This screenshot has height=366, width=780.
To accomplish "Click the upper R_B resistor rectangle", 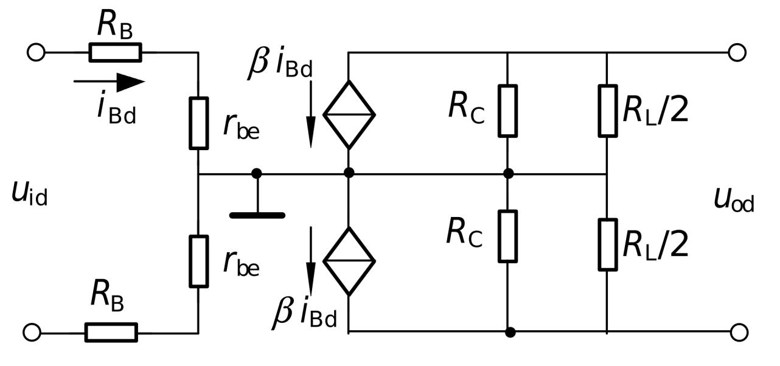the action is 115,52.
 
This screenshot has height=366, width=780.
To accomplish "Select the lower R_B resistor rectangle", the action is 111,333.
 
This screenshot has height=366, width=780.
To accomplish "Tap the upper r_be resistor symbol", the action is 199,123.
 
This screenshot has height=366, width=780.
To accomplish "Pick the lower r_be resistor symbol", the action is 199,261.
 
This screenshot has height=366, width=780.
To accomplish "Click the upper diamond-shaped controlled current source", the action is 349,114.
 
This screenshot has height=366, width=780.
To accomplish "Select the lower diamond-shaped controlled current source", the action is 349,261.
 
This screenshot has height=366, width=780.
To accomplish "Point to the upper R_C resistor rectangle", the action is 507,111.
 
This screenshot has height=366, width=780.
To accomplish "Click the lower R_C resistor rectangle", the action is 507,237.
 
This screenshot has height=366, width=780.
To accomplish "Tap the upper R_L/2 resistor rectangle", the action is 608,111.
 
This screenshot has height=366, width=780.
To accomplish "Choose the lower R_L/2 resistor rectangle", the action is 608,244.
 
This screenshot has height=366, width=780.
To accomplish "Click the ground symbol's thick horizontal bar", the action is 257,215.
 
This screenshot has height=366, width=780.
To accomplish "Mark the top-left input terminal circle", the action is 36,52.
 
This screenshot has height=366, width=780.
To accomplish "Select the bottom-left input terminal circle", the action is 32,333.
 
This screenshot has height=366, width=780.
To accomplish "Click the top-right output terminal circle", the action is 737,52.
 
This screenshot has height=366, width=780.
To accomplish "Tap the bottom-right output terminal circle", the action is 739,333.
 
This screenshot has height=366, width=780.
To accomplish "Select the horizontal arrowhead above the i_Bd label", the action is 131,83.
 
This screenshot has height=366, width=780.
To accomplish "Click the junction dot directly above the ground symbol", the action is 257,173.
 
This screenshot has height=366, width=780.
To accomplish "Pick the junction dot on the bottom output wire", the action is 510,332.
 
